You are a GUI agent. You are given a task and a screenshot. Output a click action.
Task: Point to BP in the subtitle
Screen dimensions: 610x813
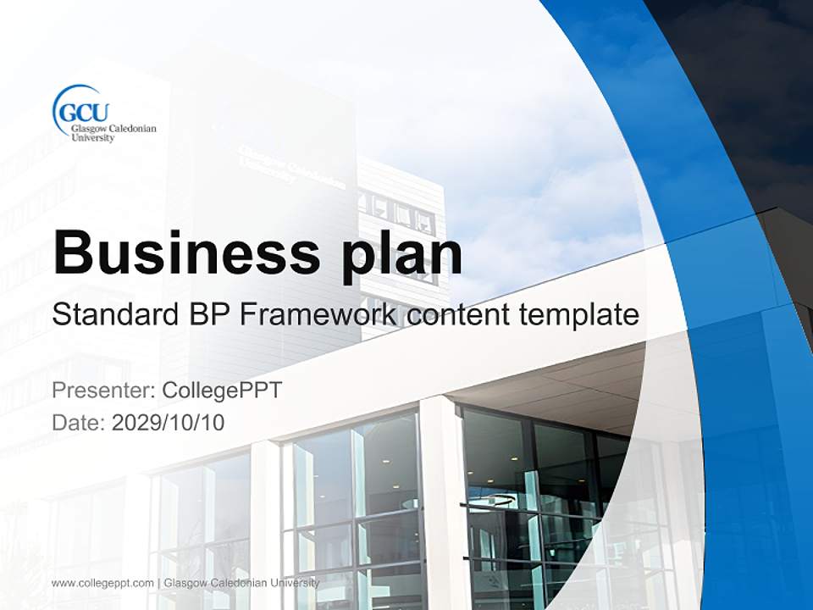(x=206, y=316)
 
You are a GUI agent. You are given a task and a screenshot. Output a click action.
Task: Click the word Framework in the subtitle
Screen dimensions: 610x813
(x=319, y=316)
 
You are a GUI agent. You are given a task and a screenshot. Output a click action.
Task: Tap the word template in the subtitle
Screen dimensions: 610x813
(x=578, y=316)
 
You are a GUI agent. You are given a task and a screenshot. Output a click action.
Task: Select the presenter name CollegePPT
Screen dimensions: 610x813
(x=221, y=391)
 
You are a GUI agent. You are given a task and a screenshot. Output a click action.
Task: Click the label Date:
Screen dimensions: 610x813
(x=79, y=422)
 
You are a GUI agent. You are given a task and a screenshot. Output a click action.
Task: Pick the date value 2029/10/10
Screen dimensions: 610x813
(x=168, y=422)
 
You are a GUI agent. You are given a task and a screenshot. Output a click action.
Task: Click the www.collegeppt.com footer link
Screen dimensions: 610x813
(x=102, y=583)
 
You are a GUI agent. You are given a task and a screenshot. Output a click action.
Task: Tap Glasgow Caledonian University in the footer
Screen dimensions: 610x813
(x=241, y=583)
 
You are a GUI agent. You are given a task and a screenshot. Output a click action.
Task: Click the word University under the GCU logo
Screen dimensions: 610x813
(x=92, y=137)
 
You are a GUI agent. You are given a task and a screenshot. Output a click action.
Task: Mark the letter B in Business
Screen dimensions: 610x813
(x=74, y=252)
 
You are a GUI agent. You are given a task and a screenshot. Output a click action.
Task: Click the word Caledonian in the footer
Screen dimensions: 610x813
(x=236, y=583)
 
